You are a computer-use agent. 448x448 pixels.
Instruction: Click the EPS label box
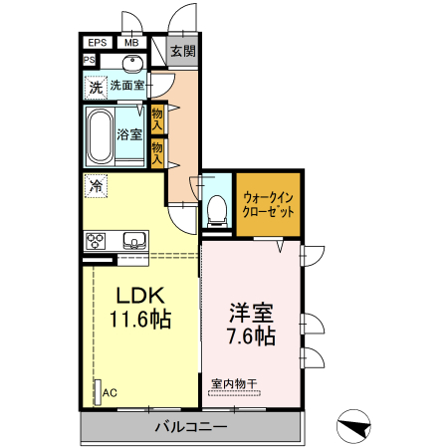pos(98,42)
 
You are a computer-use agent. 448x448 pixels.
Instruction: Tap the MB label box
pos(131,42)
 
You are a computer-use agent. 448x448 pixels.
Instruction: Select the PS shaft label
pos(89,60)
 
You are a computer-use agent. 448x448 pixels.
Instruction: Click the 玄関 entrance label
pos(182,52)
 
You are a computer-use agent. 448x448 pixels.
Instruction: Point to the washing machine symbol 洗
pos(96,88)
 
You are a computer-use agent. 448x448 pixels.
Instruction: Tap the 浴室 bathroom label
pos(129,133)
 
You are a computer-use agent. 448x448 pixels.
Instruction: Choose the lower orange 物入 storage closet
pos(157,150)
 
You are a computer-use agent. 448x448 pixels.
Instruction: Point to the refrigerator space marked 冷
pos(97,185)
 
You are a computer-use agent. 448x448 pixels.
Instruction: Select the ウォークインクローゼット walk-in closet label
pos(267,204)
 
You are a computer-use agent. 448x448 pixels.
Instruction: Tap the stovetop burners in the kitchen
pos(98,240)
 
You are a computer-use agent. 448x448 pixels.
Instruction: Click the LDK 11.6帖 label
pos(139,308)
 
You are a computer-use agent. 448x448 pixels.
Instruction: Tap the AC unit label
pos(109,393)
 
